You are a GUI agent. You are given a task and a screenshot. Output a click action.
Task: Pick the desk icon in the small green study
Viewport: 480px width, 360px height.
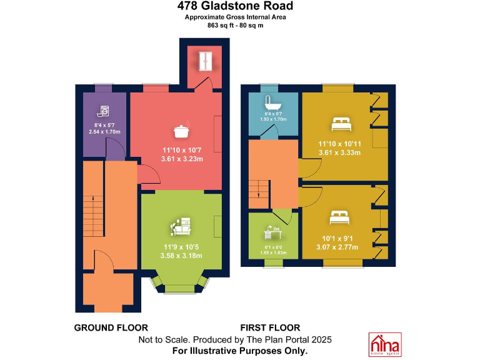point(273,233)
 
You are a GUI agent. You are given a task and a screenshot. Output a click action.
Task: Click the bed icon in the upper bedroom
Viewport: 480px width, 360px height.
point(341,123)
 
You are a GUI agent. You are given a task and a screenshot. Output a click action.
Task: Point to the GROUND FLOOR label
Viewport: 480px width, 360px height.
point(111,327)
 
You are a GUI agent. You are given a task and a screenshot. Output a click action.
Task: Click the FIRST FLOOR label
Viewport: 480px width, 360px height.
point(270,327)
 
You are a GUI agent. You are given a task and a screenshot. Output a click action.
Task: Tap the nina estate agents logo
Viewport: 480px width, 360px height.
point(385,344)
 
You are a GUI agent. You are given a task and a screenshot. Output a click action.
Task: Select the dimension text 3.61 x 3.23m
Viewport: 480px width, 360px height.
point(182,159)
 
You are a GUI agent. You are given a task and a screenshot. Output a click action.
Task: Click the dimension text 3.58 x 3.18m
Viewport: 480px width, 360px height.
point(181,255)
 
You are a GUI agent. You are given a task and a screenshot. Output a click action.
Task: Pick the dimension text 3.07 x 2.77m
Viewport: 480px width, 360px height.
point(338,247)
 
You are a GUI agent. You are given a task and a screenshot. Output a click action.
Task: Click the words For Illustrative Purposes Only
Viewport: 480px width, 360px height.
point(240,351)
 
